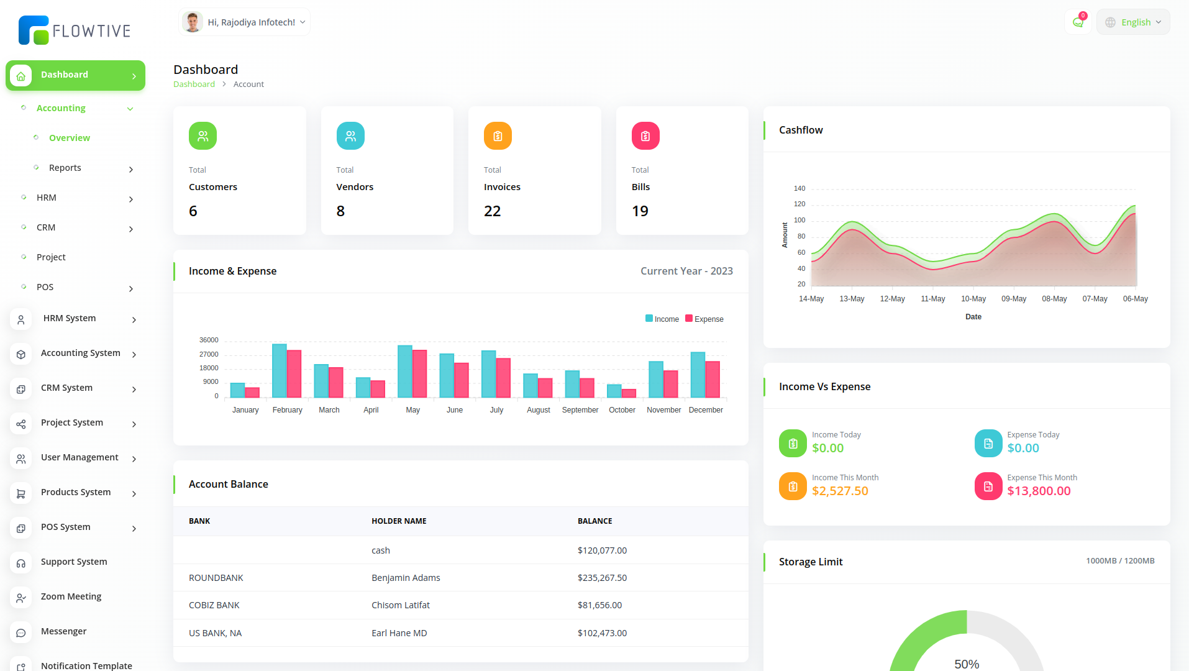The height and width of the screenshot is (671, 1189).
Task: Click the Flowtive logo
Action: (x=75, y=30)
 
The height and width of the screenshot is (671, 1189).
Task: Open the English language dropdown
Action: (x=1133, y=22)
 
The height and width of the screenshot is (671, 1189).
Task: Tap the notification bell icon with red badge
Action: (x=1078, y=22)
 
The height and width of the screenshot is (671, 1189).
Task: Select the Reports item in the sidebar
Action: (x=65, y=168)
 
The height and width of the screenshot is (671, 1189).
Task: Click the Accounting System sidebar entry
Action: (x=81, y=353)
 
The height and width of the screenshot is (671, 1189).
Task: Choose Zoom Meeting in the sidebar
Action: (x=71, y=596)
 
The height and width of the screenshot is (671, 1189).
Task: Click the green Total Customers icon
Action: (x=203, y=136)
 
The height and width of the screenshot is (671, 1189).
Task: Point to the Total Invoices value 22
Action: (x=492, y=211)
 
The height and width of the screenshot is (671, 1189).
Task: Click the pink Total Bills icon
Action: (x=645, y=136)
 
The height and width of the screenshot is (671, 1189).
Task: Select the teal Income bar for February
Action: (x=280, y=371)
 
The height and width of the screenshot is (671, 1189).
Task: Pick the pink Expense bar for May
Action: (x=420, y=374)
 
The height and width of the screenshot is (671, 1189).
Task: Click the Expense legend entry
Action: (x=704, y=319)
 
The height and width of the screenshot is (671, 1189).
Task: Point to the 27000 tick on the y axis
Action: (x=209, y=354)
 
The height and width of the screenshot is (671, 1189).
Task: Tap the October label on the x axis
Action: (x=622, y=410)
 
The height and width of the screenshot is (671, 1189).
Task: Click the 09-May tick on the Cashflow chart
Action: (x=1014, y=299)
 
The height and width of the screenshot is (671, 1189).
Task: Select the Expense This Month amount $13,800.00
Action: (x=1039, y=491)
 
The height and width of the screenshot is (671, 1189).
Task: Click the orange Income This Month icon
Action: (x=793, y=486)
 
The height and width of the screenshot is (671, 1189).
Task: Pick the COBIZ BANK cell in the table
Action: (x=214, y=605)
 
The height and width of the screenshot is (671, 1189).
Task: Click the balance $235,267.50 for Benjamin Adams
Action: (x=602, y=578)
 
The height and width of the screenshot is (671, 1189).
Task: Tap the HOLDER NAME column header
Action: (x=399, y=521)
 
